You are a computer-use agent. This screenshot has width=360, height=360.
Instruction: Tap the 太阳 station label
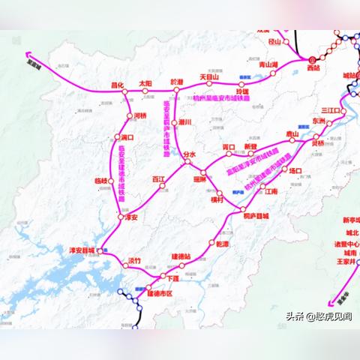tap(145, 83)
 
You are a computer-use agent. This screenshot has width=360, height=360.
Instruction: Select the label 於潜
tap(177, 82)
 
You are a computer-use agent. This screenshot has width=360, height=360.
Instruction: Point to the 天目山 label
tap(208, 76)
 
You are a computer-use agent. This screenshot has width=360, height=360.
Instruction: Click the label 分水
tap(189, 153)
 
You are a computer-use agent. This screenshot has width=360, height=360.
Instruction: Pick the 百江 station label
tap(158, 179)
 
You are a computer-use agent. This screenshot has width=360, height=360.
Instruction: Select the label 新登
tap(250, 146)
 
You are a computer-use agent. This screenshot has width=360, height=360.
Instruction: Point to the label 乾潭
tap(223, 244)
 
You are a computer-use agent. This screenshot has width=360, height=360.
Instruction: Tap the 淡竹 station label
tap(134, 260)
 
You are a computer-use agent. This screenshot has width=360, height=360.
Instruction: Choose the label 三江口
tap(330, 109)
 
